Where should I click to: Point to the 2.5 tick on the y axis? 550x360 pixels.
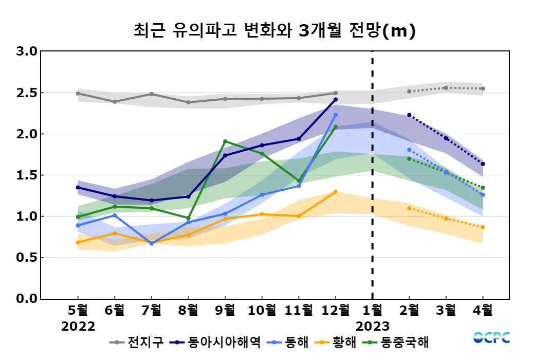pos(27,93)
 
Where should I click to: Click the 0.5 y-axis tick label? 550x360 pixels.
pos(27,258)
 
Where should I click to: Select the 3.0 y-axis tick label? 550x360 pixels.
pos(27,51)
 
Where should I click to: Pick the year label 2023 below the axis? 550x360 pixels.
pos(373,327)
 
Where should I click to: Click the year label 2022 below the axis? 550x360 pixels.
pos(78,327)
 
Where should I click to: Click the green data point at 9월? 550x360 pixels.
pos(225,141)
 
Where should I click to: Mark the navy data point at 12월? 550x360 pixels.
pos(336,100)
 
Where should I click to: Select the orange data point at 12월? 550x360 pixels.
pos(336,192)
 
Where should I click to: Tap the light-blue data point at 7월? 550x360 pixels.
pos(152,243)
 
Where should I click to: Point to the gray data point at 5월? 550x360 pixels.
pos(78,94)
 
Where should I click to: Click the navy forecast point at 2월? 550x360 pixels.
pos(409,115)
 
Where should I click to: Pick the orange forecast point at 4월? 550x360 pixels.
pos(483,227)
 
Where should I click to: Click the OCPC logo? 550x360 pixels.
pos(491,338)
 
